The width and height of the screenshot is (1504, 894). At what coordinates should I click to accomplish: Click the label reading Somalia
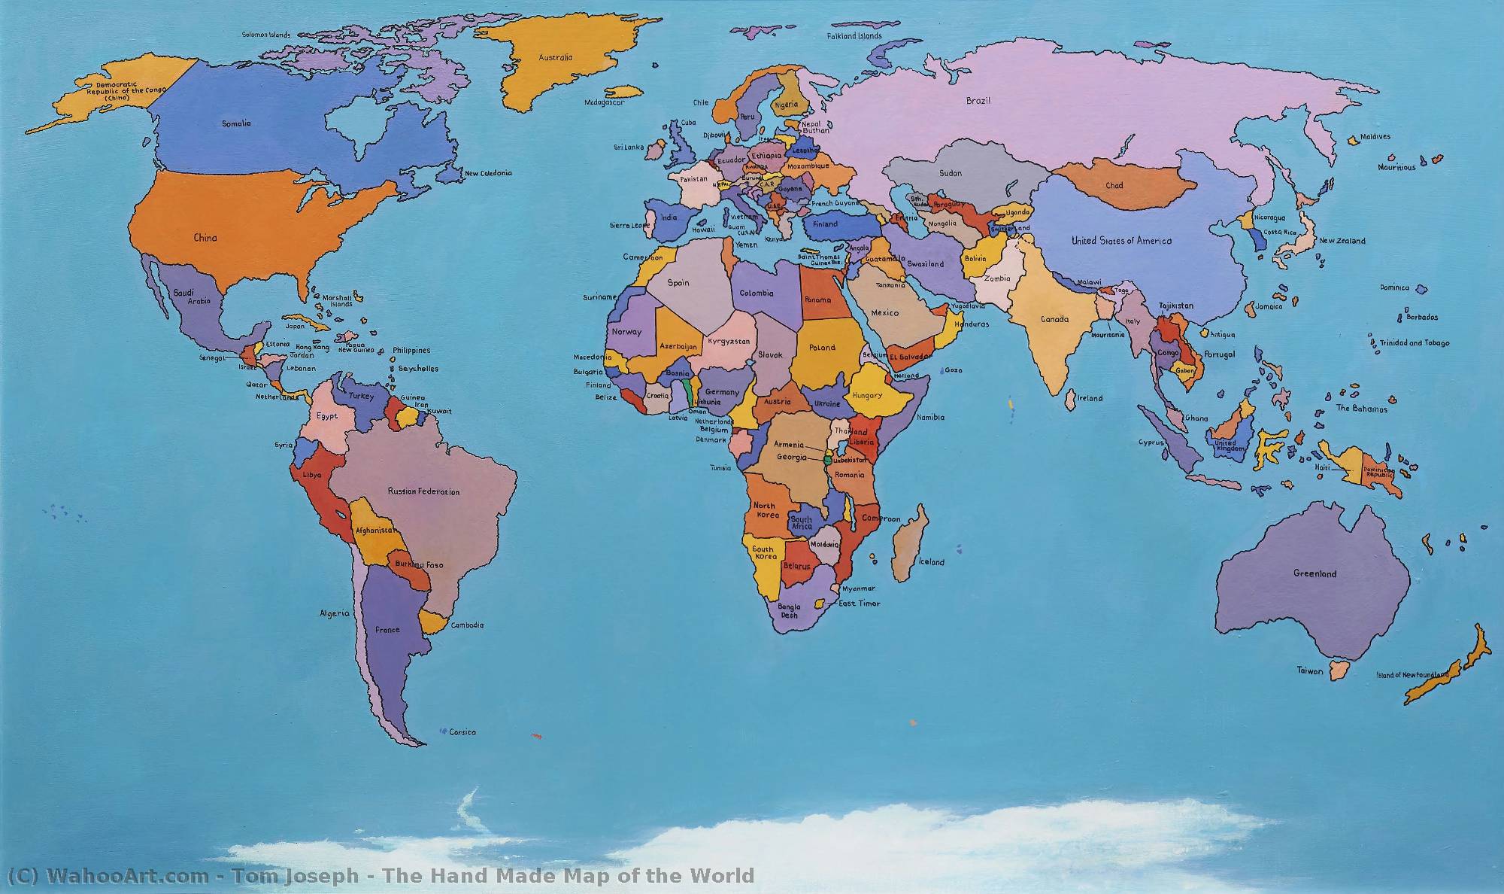tap(236, 123)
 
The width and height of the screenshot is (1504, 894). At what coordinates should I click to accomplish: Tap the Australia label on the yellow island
tap(556, 57)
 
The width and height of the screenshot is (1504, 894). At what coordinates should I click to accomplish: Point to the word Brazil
tap(978, 101)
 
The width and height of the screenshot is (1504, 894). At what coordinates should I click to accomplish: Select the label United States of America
tap(1121, 241)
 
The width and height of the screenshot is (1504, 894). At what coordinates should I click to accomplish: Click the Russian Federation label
tap(423, 491)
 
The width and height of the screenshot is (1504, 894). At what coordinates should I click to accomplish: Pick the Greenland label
tap(1315, 573)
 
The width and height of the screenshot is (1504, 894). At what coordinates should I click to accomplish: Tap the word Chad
tap(1114, 186)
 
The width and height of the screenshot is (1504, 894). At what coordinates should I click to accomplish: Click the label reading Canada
tap(1054, 319)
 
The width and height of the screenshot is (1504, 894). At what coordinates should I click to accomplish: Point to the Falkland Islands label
tap(854, 36)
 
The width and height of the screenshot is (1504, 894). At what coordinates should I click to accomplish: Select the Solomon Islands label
tap(266, 35)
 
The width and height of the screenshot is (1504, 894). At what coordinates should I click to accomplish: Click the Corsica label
tap(462, 732)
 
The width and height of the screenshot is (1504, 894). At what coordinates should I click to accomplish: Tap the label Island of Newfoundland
tap(1412, 675)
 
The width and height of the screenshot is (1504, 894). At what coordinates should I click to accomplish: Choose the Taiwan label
tap(1309, 670)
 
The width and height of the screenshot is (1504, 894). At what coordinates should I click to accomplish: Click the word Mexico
tap(884, 312)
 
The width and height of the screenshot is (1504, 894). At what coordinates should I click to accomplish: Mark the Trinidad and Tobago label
tap(1414, 343)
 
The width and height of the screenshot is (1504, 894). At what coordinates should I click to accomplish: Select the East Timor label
tap(859, 604)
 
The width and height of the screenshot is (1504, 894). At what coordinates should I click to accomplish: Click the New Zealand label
tap(1342, 241)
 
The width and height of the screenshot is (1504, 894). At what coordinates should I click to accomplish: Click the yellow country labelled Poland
tap(822, 348)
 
